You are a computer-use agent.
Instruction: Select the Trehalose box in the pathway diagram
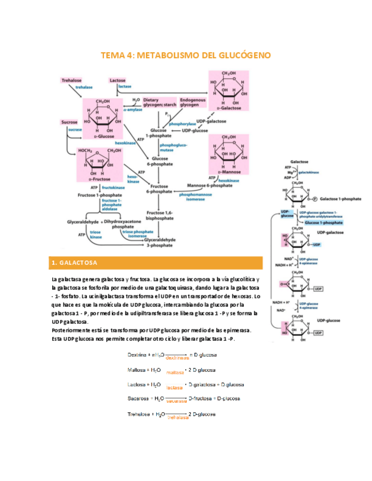point(72,81)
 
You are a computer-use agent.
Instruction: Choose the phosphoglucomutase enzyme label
point(170,147)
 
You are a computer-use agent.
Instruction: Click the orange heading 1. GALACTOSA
point(74,263)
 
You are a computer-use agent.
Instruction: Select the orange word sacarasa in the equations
point(176,401)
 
